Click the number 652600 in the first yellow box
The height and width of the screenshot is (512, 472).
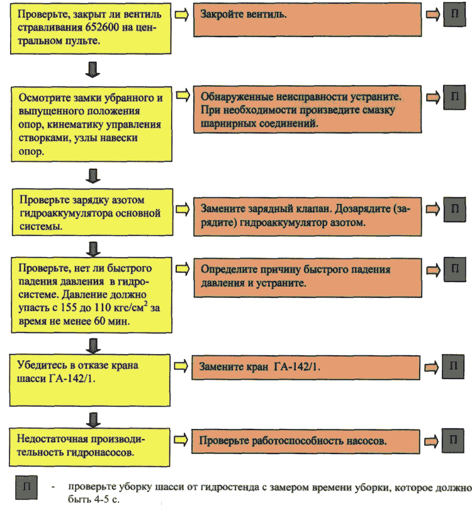102,28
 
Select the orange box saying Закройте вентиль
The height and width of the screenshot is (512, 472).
307,20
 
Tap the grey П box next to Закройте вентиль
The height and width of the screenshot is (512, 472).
454,15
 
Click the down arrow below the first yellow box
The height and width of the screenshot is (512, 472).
93,69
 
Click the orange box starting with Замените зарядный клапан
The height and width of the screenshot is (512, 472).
307,216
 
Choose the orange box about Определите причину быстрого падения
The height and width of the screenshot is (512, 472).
308,278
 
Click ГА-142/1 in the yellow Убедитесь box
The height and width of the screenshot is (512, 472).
72,378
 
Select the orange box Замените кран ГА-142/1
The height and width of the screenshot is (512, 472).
305,367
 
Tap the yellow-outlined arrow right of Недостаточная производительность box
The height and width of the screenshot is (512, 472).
181,440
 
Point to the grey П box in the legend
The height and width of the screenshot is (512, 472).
26,487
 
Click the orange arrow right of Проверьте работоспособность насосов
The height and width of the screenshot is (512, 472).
431,441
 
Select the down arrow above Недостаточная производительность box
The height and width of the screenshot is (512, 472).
93,419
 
